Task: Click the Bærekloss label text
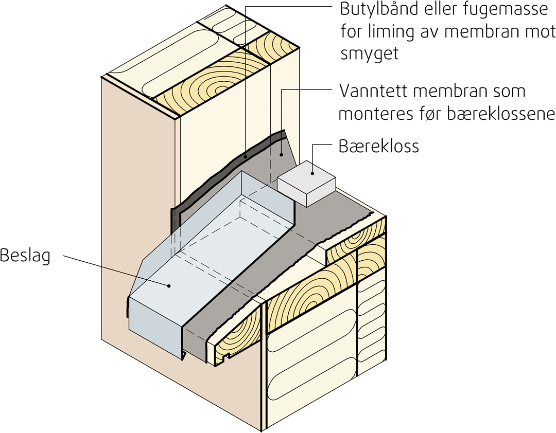pyautogui.click(x=378, y=146)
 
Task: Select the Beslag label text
pyautogui.click(x=25, y=255)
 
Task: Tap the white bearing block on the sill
pyautogui.click(x=306, y=183)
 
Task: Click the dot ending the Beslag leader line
pyautogui.click(x=169, y=284)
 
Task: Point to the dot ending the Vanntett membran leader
pyautogui.click(x=281, y=153)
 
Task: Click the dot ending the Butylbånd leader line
pyautogui.click(x=246, y=156)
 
